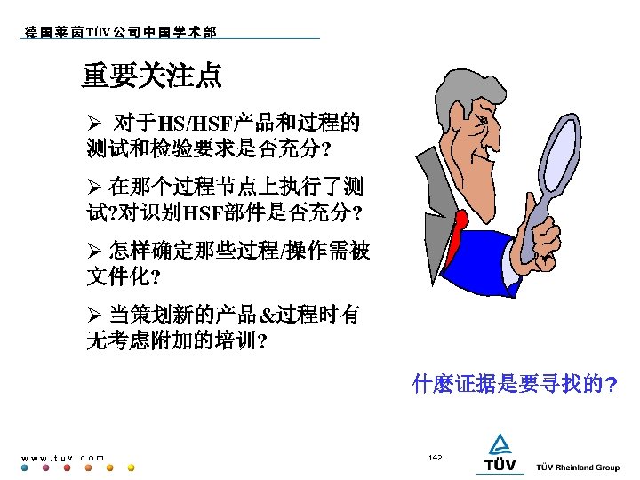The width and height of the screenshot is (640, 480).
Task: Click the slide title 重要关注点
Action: point(152,76)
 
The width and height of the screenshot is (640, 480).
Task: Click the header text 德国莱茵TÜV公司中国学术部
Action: point(119,32)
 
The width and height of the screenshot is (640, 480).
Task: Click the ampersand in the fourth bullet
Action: point(267,316)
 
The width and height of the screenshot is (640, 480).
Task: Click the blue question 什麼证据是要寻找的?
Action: point(516,385)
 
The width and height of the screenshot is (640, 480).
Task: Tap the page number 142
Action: point(435,457)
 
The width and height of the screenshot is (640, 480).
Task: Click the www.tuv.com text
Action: point(62,458)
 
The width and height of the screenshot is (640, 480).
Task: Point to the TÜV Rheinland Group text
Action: point(578,468)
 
